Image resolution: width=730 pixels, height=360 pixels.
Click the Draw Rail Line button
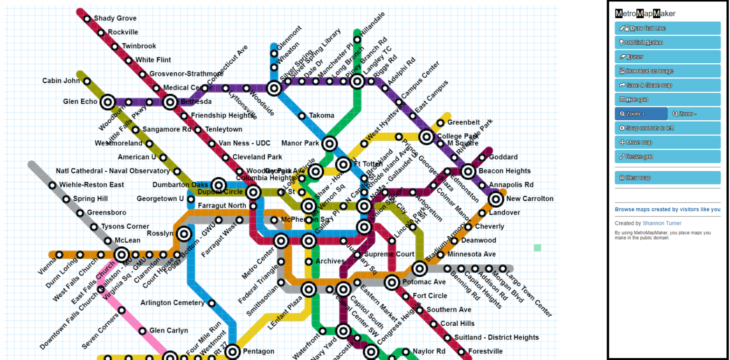click(x=667, y=28)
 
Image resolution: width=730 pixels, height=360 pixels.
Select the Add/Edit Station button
click(x=667, y=42)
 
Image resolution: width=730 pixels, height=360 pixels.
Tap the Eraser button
click(x=667, y=57)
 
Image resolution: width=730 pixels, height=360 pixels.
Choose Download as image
click(x=667, y=71)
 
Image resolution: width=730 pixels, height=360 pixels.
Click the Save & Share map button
click(x=667, y=85)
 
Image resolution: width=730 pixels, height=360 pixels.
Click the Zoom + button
click(x=641, y=114)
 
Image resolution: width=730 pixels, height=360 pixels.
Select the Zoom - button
click(x=694, y=114)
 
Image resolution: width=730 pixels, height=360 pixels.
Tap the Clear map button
click(x=667, y=178)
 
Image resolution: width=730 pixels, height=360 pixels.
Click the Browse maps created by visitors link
click(x=667, y=209)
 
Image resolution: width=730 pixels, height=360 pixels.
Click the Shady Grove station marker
click(x=87, y=19)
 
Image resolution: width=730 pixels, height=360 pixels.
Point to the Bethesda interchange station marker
click(x=170, y=102)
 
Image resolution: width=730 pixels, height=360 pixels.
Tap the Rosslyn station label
click(x=160, y=234)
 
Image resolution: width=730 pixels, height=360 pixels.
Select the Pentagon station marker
click(x=232, y=352)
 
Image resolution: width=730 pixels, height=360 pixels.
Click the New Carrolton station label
click(x=529, y=199)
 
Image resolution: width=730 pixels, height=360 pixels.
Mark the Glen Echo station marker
click(x=108, y=102)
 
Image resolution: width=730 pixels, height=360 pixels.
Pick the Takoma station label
click(x=321, y=116)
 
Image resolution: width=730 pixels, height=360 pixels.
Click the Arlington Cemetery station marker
click(x=211, y=303)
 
